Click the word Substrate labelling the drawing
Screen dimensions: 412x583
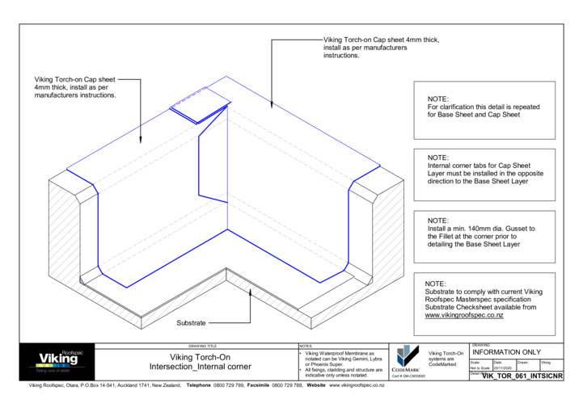(x=192, y=322)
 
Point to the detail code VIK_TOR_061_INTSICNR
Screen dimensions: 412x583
(x=521, y=376)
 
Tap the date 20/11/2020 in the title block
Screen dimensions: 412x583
(x=504, y=368)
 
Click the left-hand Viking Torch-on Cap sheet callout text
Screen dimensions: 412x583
(x=75, y=87)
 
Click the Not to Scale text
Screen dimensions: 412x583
(x=480, y=368)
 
